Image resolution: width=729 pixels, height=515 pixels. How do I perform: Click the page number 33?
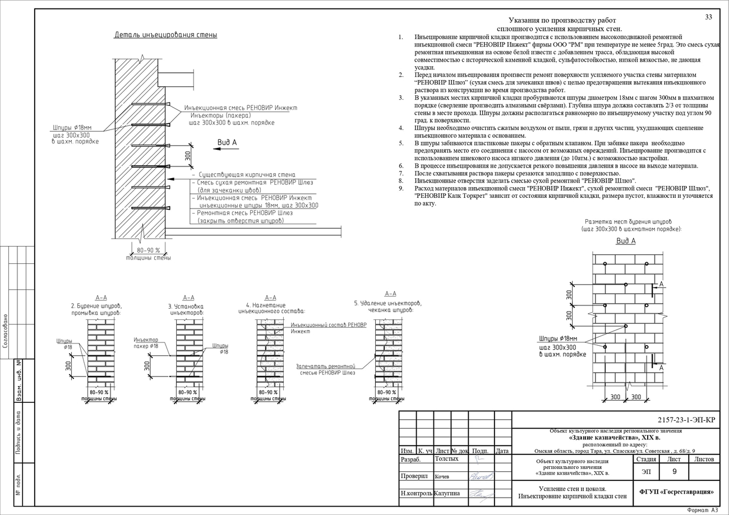pyautogui.click(x=708, y=17)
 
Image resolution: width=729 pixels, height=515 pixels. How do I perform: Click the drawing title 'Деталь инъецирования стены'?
pyautogui.click(x=165, y=35)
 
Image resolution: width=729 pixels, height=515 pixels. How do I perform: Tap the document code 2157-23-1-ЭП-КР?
pyautogui.click(x=686, y=420)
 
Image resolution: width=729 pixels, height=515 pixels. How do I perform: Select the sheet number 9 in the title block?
pyautogui.click(x=674, y=472)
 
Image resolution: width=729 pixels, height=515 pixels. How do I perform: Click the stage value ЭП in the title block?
pyautogui.click(x=647, y=472)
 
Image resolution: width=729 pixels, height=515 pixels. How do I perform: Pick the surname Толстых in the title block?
pyautogui.click(x=447, y=459)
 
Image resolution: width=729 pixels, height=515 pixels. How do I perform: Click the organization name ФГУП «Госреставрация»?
pyautogui.click(x=676, y=492)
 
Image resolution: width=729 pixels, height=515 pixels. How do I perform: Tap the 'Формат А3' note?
pyautogui.click(x=702, y=511)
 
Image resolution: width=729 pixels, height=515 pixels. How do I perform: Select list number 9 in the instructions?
pyautogui.click(x=401, y=188)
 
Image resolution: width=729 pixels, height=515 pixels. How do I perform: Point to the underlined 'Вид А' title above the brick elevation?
pyautogui.click(x=626, y=241)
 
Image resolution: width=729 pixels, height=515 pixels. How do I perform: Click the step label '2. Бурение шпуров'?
pyautogui.click(x=96, y=307)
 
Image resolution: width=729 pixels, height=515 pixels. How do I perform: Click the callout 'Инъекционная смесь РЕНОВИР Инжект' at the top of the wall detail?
pyautogui.click(x=241, y=108)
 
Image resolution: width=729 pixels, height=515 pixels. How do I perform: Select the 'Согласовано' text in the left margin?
pyautogui.click(x=5, y=331)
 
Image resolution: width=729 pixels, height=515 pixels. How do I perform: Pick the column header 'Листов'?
pyautogui.click(x=704, y=459)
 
